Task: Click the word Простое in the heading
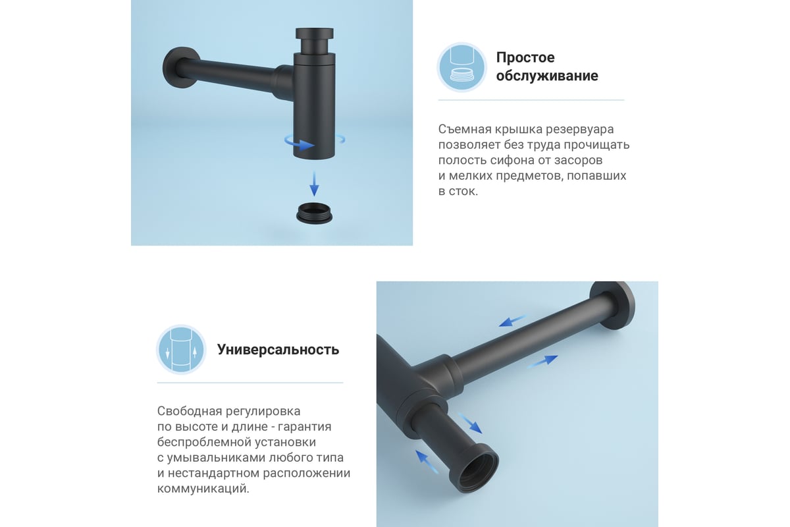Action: tap(525, 57)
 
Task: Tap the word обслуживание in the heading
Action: tap(547, 76)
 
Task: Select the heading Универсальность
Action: tap(278, 349)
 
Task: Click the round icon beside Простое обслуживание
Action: tap(462, 67)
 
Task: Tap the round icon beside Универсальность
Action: tap(181, 349)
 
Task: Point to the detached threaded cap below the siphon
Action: tap(314, 213)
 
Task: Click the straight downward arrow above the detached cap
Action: tap(314, 184)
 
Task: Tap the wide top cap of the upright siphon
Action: tap(314, 33)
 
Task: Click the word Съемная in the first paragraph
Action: tap(464, 130)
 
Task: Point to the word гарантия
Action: tap(305, 427)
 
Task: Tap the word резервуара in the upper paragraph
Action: tap(580, 130)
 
